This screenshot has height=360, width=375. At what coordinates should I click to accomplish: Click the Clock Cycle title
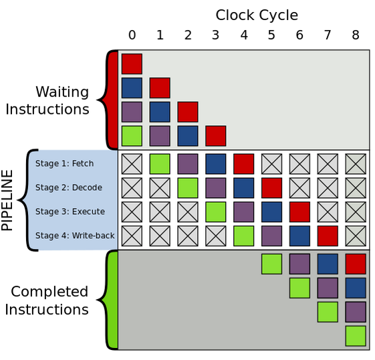[x=257, y=15]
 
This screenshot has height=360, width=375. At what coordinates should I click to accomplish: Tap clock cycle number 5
[x=271, y=35]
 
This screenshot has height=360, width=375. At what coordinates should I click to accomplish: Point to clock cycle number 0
[x=132, y=35]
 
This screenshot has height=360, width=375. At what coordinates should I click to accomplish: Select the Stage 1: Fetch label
[x=65, y=163]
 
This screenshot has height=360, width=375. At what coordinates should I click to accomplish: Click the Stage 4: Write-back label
[x=75, y=236]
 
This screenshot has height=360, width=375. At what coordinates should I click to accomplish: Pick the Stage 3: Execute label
[x=70, y=211]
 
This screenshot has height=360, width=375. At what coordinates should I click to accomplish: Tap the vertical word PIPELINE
[x=7, y=200]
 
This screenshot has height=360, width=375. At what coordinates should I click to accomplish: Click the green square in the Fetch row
[x=160, y=164]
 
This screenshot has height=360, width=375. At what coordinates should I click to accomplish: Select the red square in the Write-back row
[x=328, y=236]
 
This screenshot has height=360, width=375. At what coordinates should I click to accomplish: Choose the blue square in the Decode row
[x=244, y=188]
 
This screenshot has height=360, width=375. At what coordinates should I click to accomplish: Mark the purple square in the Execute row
[x=244, y=212]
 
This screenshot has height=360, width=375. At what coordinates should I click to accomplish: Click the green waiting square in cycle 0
[x=132, y=136]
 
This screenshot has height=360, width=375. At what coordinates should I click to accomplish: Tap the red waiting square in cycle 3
[x=216, y=136]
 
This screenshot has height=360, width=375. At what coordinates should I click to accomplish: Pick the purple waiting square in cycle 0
[x=132, y=112]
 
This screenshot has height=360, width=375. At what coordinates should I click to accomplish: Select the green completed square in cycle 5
[x=271, y=264]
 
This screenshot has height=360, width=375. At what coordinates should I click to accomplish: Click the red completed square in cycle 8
[x=356, y=264]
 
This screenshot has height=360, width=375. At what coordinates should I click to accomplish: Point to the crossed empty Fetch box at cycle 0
[x=132, y=164]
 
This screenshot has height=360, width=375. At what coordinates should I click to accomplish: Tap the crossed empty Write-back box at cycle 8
[x=356, y=236]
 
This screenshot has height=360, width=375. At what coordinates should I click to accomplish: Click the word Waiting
[x=62, y=92]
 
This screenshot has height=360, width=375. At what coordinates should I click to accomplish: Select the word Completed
[x=49, y=292]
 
